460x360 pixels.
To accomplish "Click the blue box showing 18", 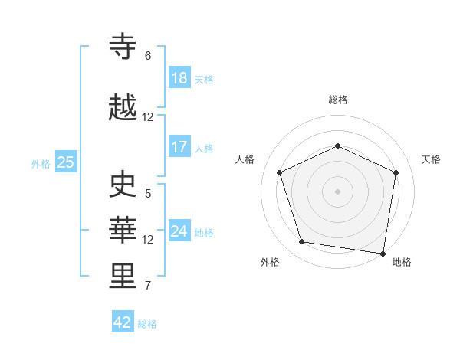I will point(179,78).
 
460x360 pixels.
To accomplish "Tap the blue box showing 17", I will point(179,147).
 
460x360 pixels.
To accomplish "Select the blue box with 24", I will point(179,231).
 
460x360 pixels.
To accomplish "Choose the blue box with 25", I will point(65,162).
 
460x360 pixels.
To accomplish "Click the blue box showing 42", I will point(123,322).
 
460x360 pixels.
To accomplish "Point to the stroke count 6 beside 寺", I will point(148,56).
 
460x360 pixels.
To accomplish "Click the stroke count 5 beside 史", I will point(148,194).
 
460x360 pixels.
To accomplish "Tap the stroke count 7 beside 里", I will point(148,286).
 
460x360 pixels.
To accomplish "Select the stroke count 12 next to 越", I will point(148,117).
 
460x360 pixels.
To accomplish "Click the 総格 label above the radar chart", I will point(338,100).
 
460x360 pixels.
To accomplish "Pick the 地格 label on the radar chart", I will point(402,262).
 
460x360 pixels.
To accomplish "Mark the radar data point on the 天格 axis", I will point(396,172).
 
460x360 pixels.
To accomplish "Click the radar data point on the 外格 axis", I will point(302,242).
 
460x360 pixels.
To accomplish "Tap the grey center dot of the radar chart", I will point(338,191).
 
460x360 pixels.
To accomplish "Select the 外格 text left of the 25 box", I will point(41,163).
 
